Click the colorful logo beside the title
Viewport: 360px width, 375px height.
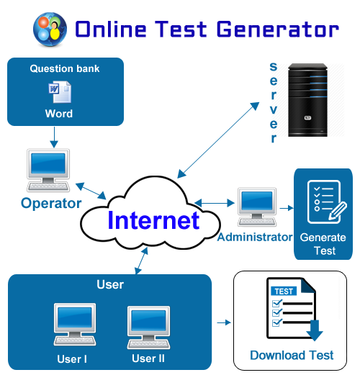click(49, 29)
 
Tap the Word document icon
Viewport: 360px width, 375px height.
click(59, 91)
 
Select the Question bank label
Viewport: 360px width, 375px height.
click(65, 69)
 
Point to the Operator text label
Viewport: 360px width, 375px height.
click(51, 203)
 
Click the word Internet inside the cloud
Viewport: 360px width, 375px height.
click(153, 220)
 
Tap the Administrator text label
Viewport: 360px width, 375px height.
click(255, 236)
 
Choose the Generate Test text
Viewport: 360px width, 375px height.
click(323, 243)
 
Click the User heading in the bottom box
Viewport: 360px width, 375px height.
click(110, 285)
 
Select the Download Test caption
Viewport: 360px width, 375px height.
click(292, 355)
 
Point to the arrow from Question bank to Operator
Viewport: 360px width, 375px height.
click(53, 136)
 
